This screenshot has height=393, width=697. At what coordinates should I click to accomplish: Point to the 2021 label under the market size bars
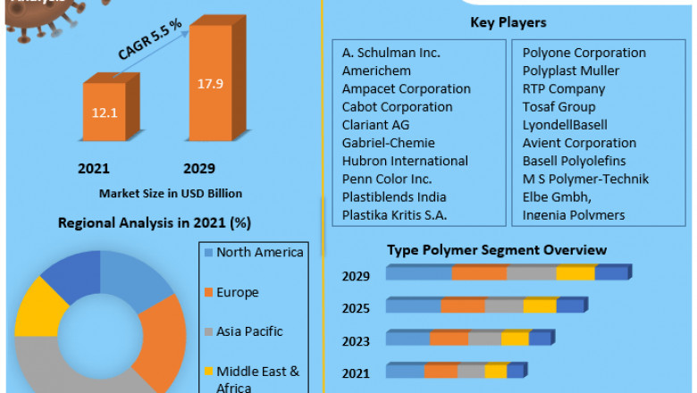[94, 168]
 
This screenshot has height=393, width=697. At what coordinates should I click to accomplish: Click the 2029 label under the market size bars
[199, 168]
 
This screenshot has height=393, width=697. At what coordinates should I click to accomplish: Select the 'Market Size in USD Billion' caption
[170, 193]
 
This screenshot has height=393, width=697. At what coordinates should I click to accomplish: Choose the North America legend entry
[259, 253]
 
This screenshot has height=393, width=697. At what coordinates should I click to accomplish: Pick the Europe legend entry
[237, 292]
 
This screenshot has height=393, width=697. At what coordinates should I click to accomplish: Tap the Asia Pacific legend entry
[249, 331]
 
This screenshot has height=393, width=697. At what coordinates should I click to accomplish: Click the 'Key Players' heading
[508, 22]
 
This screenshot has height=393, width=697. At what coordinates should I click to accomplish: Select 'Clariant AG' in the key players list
[375, 125]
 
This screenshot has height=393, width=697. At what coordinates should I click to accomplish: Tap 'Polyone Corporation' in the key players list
[584, 53]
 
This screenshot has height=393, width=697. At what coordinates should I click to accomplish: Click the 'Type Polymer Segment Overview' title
[496, 250]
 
